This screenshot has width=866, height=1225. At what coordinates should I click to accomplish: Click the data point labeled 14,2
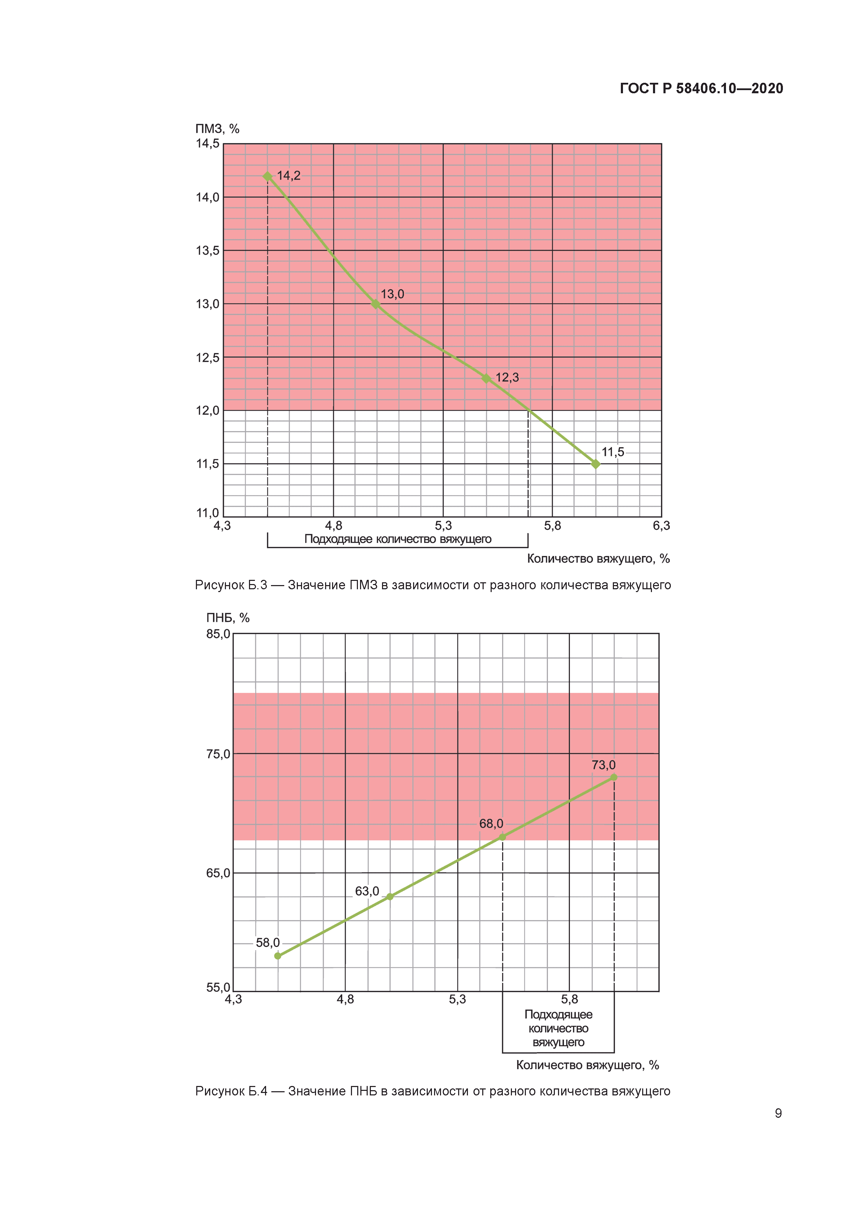[268, 177]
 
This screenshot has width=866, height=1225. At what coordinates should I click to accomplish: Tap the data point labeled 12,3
[486, 378]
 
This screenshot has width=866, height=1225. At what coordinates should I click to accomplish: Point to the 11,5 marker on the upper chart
[596, 464]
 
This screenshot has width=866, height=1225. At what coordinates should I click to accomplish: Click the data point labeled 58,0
[278, 956]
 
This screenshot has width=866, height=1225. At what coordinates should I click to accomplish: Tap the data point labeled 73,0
[614, 777]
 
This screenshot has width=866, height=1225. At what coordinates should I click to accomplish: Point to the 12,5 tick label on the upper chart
[207, 357]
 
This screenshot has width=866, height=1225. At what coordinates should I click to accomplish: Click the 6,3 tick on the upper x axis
[661, 526]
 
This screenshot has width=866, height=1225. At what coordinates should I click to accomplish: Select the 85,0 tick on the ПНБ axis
[218, 634]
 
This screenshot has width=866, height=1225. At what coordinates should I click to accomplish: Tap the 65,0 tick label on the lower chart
[218, 873]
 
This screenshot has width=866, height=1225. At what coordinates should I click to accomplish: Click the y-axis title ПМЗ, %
[217, 129]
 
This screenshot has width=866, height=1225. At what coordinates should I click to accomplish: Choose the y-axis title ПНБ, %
[228, 618]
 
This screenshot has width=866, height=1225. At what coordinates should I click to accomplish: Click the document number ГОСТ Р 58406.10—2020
[701, 89]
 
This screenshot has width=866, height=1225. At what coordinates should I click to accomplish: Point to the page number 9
[778, 1113]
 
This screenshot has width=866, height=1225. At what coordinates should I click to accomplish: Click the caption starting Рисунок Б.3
[432, 585]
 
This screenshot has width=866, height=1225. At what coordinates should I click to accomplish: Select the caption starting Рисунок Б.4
[432, 1091]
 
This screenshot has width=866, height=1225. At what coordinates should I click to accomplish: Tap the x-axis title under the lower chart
[587, 1065]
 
